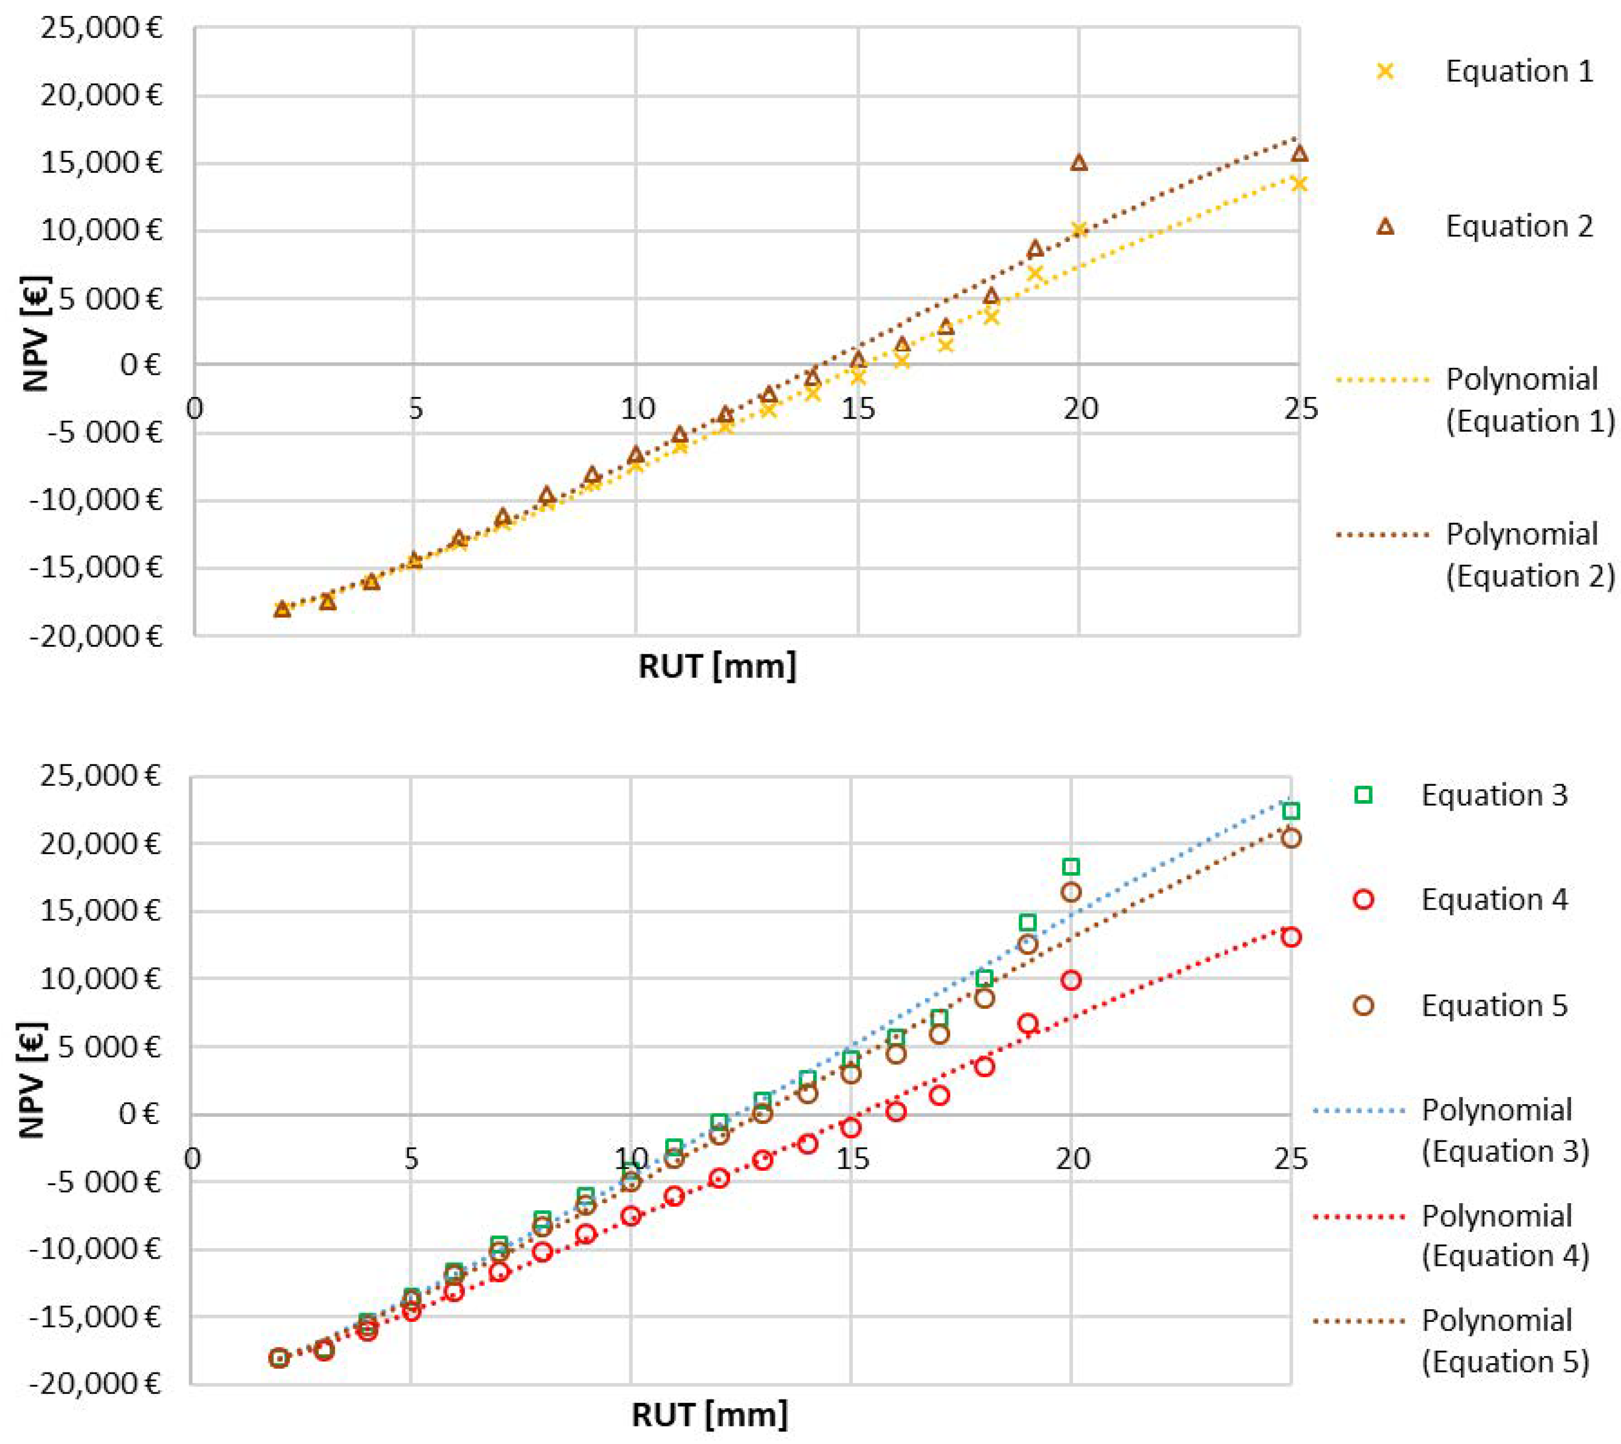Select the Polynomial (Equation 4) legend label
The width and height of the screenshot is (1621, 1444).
click(x=1505, y=1236)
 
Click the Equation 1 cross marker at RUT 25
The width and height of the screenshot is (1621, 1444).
click(x=1299, y=184)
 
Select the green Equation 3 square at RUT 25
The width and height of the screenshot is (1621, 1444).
click(x=1291, y=811)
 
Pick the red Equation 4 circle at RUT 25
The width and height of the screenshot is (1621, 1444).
click(x=1291, y=937)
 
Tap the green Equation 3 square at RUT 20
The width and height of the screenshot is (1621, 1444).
click(x=1071, y=867)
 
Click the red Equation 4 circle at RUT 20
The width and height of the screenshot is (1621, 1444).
click(x=1071, y=980)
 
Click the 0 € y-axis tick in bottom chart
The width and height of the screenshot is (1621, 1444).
click(x=139, y=1114)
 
